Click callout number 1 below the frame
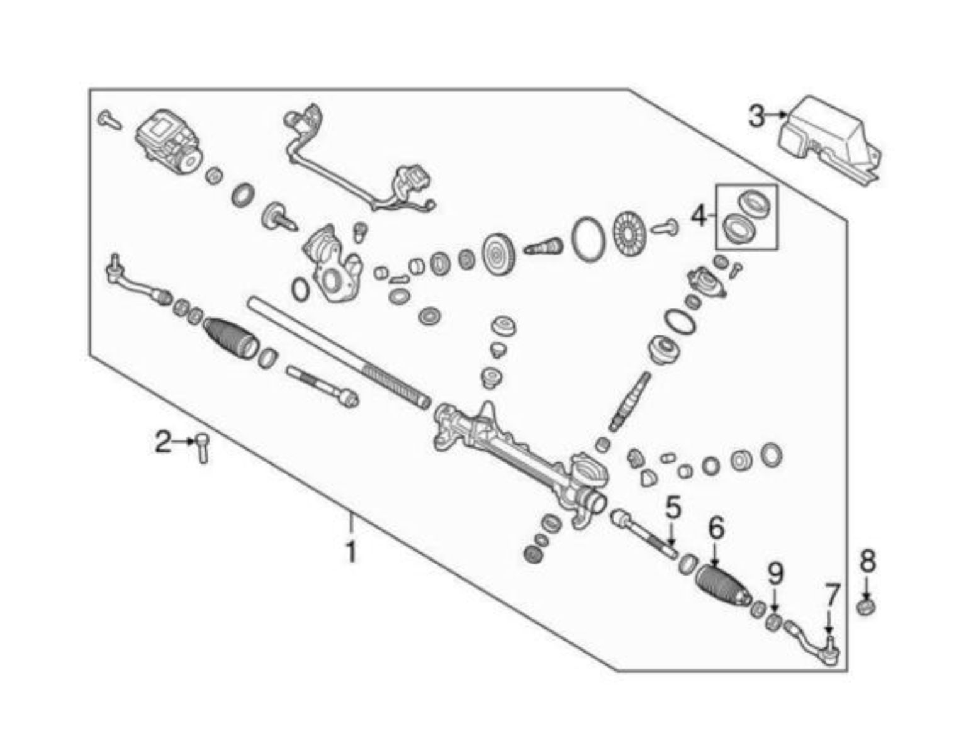(351, 552)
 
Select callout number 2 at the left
(163, 442)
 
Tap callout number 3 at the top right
(757, 116)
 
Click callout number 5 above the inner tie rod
(673, 508)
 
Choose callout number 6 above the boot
(716, 528)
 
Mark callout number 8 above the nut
(868, 560)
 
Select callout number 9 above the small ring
(775, 573)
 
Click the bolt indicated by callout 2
(203, 447)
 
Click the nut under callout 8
(867, 608)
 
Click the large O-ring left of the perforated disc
(588, 239)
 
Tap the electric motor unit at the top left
(169, 143)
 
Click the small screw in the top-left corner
(109, 120)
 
